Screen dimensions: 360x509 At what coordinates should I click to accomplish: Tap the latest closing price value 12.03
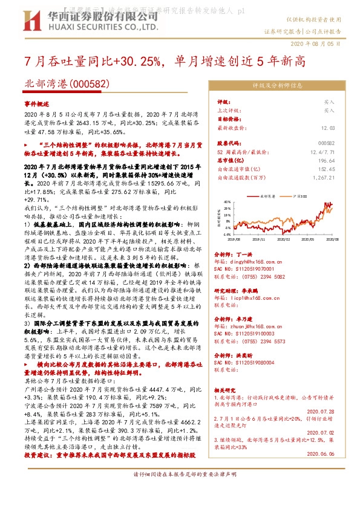(328, 128)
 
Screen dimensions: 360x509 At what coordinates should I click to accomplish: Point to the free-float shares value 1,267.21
(323, 178)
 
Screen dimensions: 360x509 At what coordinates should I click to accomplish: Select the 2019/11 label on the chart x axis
(259, 239)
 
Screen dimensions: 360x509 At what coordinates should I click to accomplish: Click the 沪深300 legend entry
(301, 196)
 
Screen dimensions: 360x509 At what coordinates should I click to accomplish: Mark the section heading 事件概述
(37, 104)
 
